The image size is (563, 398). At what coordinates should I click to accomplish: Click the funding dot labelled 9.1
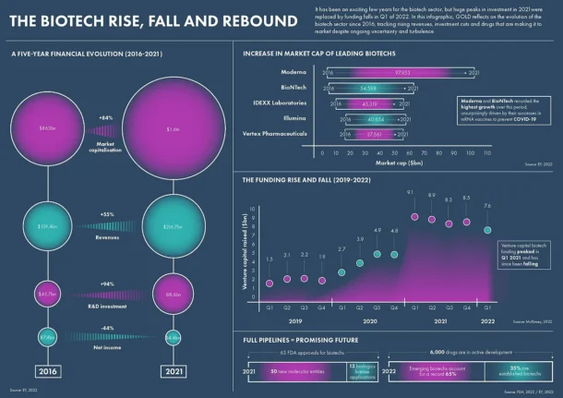click(415, 218)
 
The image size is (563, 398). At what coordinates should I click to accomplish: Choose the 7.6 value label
click(488, 206)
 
